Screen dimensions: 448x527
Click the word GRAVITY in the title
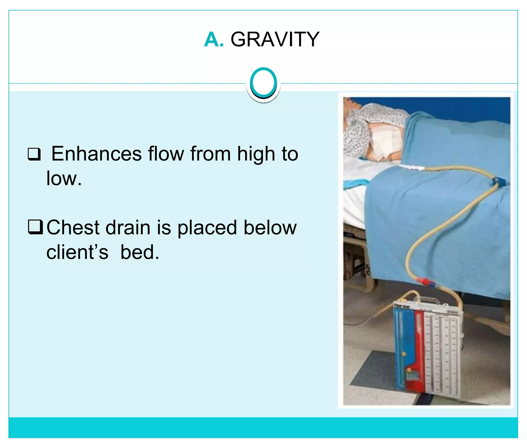point(275,40)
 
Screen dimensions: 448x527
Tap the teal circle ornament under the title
point(263,83)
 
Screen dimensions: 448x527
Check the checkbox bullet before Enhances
point(34,154)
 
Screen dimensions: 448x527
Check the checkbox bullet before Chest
point(35,227)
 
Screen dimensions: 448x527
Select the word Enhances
point(96,154)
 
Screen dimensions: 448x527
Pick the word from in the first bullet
point(210,154)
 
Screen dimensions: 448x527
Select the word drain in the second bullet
point(128,227)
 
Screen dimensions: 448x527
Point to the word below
point(270,227)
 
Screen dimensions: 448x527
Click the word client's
point(77,252)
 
